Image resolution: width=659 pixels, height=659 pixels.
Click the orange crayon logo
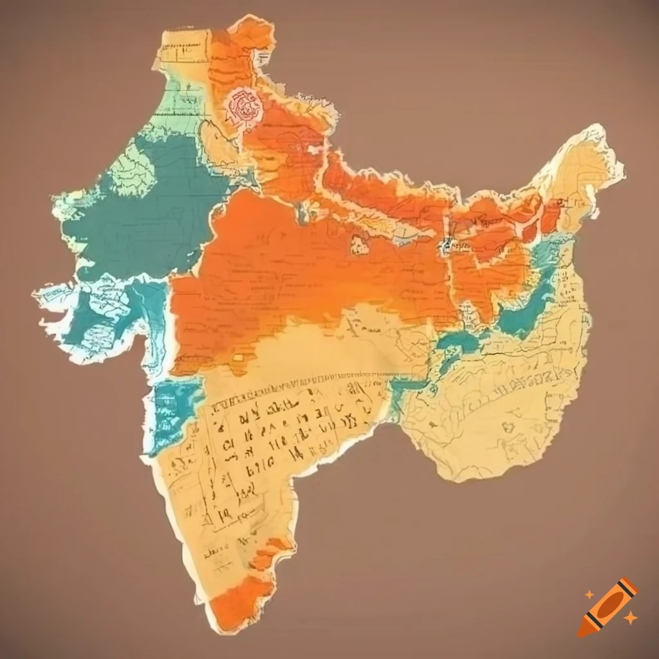coord(608,607)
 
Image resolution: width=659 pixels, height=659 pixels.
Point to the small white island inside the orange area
coord(358,243)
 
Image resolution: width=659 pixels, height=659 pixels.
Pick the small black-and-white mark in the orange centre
coord(445,245)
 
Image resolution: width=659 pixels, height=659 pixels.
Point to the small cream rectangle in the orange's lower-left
coord(239,357)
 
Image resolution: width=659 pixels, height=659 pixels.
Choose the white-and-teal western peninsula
coord(97,315)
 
